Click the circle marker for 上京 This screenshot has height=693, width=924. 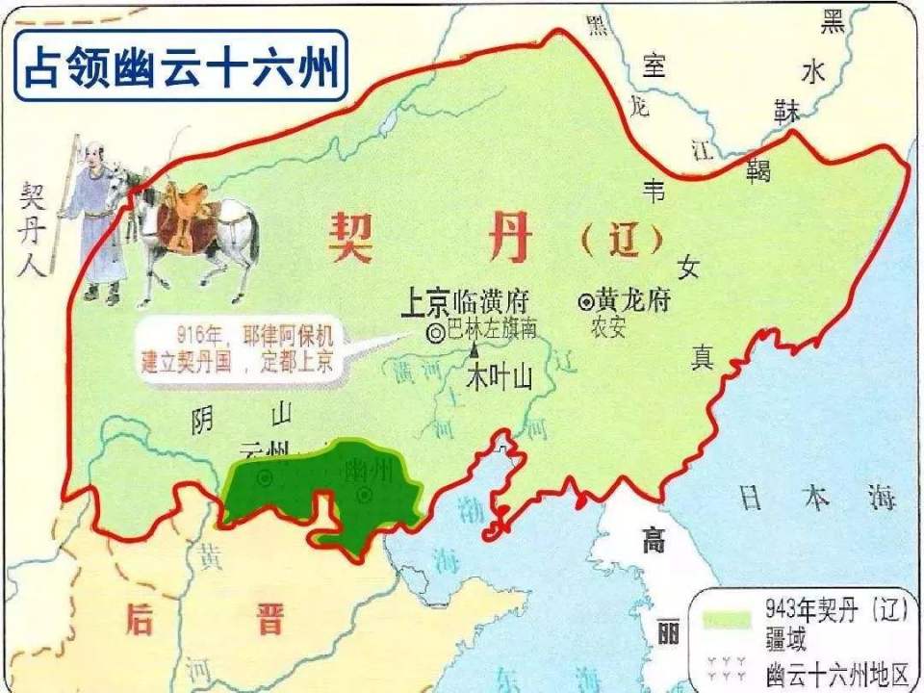pyautogui.click(x=435, y=332)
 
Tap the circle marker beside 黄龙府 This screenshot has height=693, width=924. pyautogui.click(x=586, y=301)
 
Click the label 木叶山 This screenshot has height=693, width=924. pyautogui.click(x=499, y=378)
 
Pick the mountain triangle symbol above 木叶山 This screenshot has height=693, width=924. pyautogui.click(x=475, y=351)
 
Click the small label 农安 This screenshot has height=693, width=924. pyautogui.click(x=607, y=328)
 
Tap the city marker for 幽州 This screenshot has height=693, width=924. pyautogui.click(x=365, y=495)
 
